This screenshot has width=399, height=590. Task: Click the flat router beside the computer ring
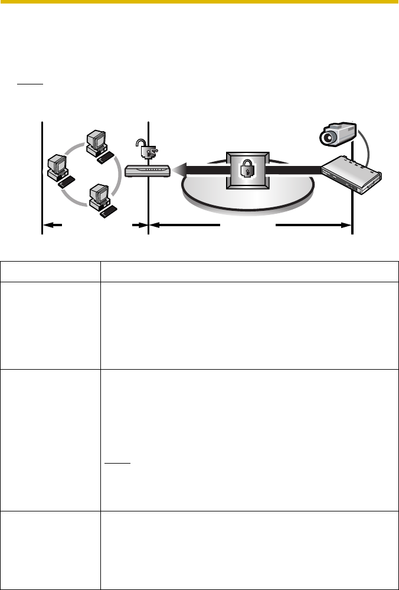coord(148,171)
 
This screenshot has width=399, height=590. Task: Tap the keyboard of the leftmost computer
coord(66,180)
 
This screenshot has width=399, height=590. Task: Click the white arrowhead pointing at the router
coord(180,171)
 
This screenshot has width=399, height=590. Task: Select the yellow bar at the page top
coord(199,2)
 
